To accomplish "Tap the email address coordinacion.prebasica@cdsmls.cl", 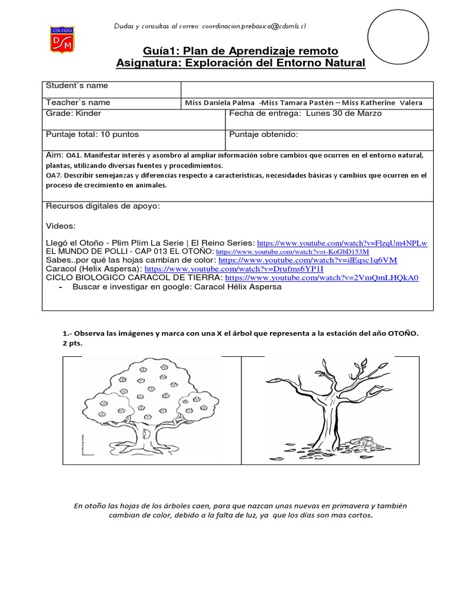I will point(254,26).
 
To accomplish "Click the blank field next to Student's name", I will point(306,89).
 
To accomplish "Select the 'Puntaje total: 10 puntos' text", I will point(92,135).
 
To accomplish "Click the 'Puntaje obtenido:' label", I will point(264,135).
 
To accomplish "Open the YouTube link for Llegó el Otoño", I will point(342,243).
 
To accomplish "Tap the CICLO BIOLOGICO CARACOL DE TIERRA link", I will point(321,277).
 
